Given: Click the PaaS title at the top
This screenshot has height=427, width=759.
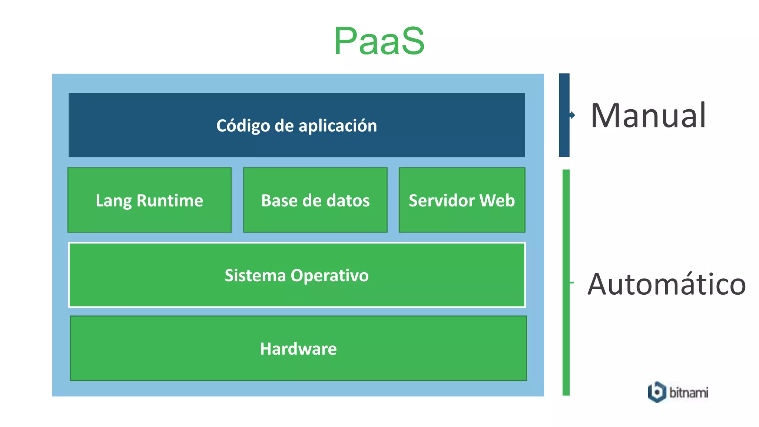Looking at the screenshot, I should click(379, 41).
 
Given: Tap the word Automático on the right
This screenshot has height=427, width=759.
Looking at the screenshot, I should click(666, 284).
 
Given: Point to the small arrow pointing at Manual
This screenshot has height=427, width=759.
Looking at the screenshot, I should click(573, 115).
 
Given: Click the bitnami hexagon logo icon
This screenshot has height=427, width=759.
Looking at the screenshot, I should click(657, 392).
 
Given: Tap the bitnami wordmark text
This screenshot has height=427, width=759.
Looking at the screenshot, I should click(689, 392).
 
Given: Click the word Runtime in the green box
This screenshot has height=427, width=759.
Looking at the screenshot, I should click(170, 201).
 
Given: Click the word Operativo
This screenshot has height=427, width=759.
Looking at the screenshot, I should click(329, 275).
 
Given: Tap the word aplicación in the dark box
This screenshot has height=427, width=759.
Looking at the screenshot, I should click(338, 126).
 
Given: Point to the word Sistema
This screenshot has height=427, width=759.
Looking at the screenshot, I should click(255, 275).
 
